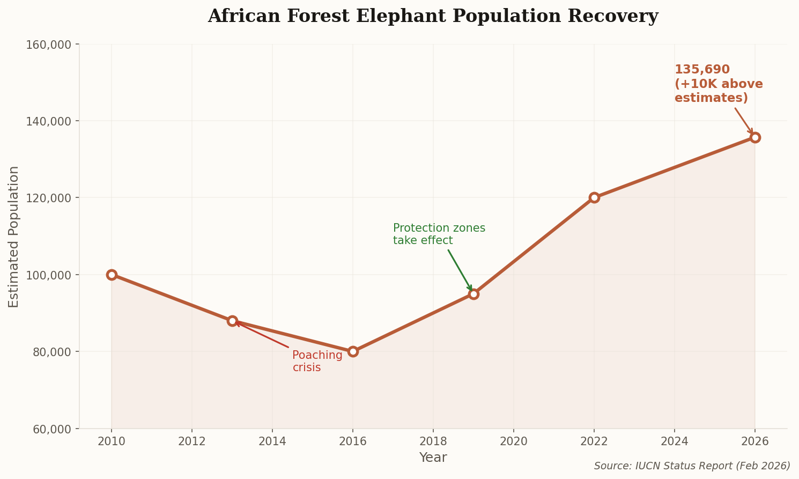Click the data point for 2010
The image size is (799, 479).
[x=112, y=275]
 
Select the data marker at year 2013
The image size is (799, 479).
[x=232, y=321]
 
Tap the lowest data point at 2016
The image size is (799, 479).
[x=353, y=351]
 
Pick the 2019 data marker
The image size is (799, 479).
[x=474, y=294]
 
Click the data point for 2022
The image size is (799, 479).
[x=594, y=197]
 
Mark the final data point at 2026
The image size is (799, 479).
[x=755, y=137]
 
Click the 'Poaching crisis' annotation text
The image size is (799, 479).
[x=317, y=362]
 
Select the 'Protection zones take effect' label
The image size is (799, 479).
[x=439, y=234]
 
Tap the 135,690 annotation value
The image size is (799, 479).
[x=702, y=70]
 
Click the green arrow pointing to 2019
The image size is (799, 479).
[x=460, y=270]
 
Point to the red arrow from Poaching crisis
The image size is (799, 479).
[x=263, y=336]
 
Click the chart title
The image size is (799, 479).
[x=433, y=16]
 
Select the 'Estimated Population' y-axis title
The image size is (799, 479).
[x=14, y=237]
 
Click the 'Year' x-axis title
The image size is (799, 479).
[x=433, y=458]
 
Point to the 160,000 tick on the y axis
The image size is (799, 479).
[x=49, y=45]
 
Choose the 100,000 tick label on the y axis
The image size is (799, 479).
[x=49, y=275]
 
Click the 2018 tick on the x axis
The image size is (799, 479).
[x=433, y=441]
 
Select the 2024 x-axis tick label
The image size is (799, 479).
[x=674, y=441]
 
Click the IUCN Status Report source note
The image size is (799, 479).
[x=692, y=466]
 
